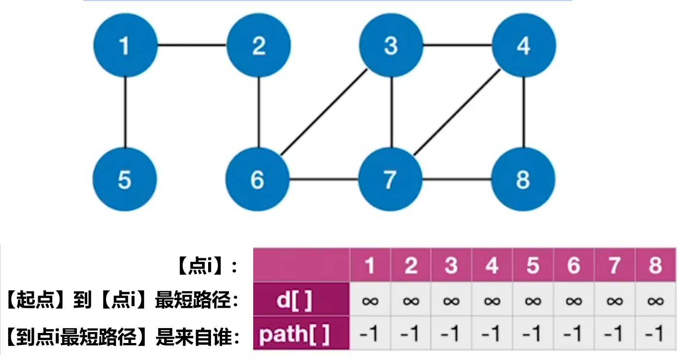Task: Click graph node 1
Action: (125, 45)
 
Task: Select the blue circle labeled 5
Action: (125, 179)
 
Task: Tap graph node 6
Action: (258, 179)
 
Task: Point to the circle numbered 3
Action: (391, 45)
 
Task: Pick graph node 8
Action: (523, 179)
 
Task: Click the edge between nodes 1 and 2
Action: (192, 45)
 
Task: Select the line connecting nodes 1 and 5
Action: (125, 112)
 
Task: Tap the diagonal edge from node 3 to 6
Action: (324, 112)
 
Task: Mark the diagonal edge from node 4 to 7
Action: (457, 112)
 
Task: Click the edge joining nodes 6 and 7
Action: (324, 179)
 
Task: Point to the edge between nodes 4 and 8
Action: (524, 112)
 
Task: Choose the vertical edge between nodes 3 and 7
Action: (392, 112)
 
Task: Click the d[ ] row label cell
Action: (301, 299)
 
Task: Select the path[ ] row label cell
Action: (301, 333)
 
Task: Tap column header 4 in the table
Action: (492, 265)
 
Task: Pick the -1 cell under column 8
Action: (655, 333)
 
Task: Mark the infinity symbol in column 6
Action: (574, 301)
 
